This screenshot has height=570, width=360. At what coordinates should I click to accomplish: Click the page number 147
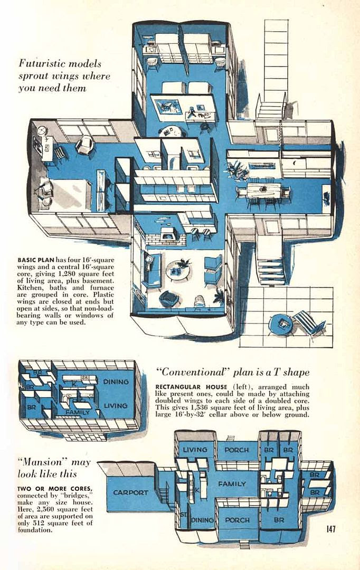point(331,528)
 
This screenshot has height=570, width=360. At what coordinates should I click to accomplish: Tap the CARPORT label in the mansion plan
point(131,492)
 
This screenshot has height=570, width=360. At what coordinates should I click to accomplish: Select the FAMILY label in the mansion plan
point(232,483)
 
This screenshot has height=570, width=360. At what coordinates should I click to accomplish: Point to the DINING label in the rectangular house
point(116,381)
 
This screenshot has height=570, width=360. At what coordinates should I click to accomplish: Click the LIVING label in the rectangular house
point(116,405)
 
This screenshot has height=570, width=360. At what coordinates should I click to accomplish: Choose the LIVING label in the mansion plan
point(195,450)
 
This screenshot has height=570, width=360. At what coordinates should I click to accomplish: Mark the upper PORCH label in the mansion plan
point(236,450)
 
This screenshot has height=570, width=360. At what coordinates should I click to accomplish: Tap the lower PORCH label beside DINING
point(238,520)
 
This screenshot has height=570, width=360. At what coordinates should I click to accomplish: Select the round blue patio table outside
point(280,324)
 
